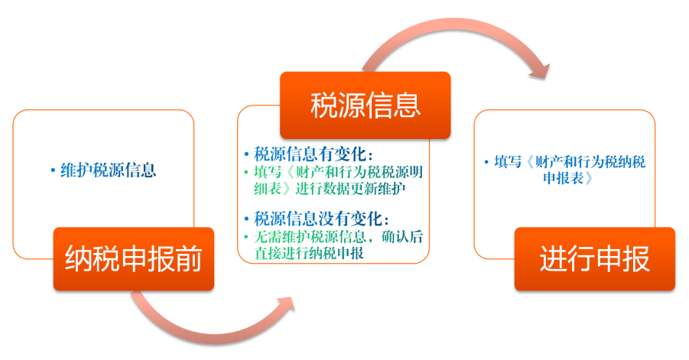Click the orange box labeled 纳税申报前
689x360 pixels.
tap(134, 259)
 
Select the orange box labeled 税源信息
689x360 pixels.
tap(366, 105)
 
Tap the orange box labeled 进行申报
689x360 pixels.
tap(594, 259)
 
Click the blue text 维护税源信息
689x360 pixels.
tap(108, 170)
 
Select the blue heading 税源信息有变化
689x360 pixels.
tap(310, 154)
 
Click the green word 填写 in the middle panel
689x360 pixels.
tap(268, 172)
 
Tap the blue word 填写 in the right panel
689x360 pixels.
tap(508, 162)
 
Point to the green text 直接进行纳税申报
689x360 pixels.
tap(309, 253)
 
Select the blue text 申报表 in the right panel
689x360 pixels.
tap(564, 178)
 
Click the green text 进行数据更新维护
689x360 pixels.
tap(350, 189)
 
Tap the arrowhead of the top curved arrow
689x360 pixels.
tap(541, 72)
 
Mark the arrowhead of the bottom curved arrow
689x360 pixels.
tap(286, 304)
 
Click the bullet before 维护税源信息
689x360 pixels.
tap(54, 170)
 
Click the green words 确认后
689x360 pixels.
tap(402, 237)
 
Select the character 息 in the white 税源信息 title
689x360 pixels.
tap(407, 105)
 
